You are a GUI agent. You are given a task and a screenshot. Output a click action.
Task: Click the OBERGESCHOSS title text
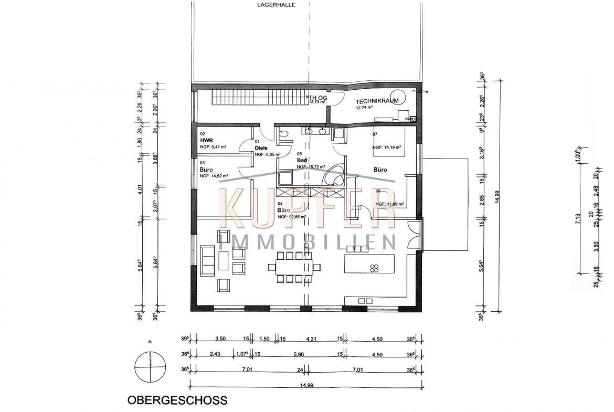click(177, 400)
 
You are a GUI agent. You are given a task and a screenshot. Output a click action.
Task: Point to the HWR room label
click(205, 141)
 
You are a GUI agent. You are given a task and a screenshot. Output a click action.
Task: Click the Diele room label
click(261, 148)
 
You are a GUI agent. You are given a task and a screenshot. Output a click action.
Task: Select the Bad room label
click(302, 160)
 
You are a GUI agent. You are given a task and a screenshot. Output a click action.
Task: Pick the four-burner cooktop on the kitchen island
click(375, 268)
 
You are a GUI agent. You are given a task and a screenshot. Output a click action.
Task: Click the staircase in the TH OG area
click(259, 98)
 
